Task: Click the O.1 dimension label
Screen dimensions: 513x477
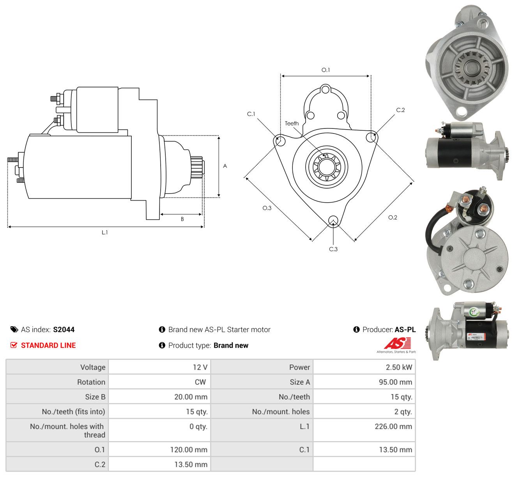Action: coord(325,70)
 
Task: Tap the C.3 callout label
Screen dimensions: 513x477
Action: coord(333,249)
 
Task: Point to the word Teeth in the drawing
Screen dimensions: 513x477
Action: coord(292,123)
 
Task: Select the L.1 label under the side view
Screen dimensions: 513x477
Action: coord(104,232)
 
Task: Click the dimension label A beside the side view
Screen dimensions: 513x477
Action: coord(225,166)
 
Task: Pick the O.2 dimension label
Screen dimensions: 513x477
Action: coord(393,217)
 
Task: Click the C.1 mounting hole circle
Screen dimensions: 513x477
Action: coord(281,141)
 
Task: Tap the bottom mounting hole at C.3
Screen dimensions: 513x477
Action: coord(333,220)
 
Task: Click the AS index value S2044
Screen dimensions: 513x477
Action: coord(64,329)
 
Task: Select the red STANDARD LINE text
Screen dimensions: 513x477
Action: coord(48,345)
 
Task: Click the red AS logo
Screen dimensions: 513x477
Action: coord(397,343)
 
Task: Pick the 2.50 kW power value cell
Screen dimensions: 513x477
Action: coord(364,367)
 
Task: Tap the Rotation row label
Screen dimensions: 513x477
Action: coord(91,382)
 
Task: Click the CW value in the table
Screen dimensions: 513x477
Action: coord(200,382)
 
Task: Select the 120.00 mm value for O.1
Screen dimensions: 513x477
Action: coord(189,450)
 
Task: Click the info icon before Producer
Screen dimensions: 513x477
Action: coord(356,329)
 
